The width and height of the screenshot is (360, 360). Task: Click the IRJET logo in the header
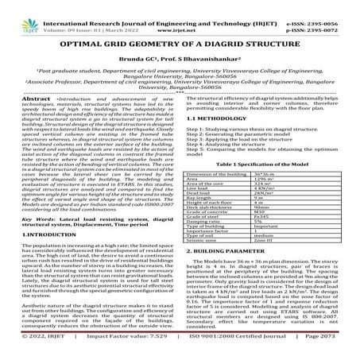(x=25, y=14)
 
